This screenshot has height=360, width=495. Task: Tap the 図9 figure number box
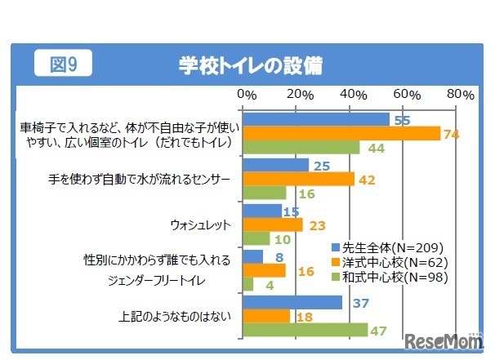(62, 64)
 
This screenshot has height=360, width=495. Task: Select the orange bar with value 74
(341, 134)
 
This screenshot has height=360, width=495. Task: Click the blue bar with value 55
(316, 120)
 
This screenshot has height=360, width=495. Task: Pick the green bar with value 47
(305, 330)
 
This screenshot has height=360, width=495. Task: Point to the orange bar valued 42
(299, 179)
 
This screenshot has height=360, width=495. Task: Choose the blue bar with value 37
(292, 302)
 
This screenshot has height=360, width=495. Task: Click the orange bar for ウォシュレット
(274, 224)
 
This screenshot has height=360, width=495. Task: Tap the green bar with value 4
(248, 284)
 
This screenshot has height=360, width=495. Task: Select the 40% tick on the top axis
(351, 95)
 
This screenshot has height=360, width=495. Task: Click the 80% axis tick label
(460, 95)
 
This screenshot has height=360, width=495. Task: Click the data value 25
(321, 166)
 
